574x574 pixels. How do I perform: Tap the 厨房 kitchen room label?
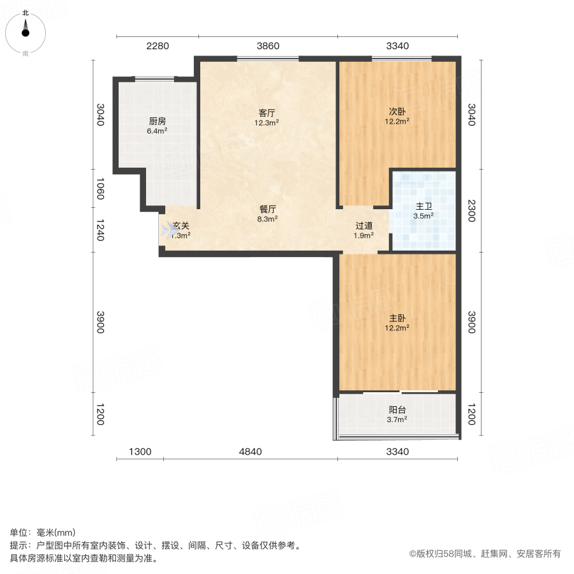click(x=158, y=121)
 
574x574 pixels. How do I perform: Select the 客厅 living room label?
click(x=267, y=112)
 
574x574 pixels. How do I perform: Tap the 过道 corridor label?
click(x=364, y=226)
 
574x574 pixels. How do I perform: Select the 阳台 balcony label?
click(x=397, y=410)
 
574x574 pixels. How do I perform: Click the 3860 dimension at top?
click(x=268, y=46)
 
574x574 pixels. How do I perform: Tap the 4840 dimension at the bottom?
click(x=250, y=452)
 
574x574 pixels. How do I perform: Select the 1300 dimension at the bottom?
click(x=140, y=452)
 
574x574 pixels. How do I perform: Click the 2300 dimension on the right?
click(x=471, y=211)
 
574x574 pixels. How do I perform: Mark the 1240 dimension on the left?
click(x=100, y=230)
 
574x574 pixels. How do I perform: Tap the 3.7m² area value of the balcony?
click(x=397, y=420)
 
